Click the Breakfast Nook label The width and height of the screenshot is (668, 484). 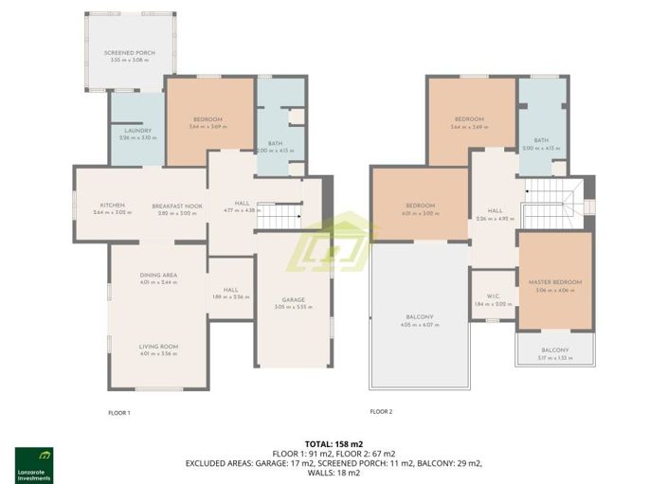pyautogui.click(x=180, y=206)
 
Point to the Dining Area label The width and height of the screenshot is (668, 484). pyautogui.click(x=158, y=275)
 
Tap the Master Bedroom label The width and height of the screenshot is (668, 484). pyautogui.click(x=555, y=282)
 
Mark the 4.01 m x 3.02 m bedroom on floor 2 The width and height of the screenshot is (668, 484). pyautogui.click(x=419, y=206)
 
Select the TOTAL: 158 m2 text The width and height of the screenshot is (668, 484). pyautogui.click(x=334, y=443)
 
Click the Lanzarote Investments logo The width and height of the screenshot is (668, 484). pyautogui.click(x=34, y=465)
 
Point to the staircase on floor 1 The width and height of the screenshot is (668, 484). pyautogui.click(x=280, y=218)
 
